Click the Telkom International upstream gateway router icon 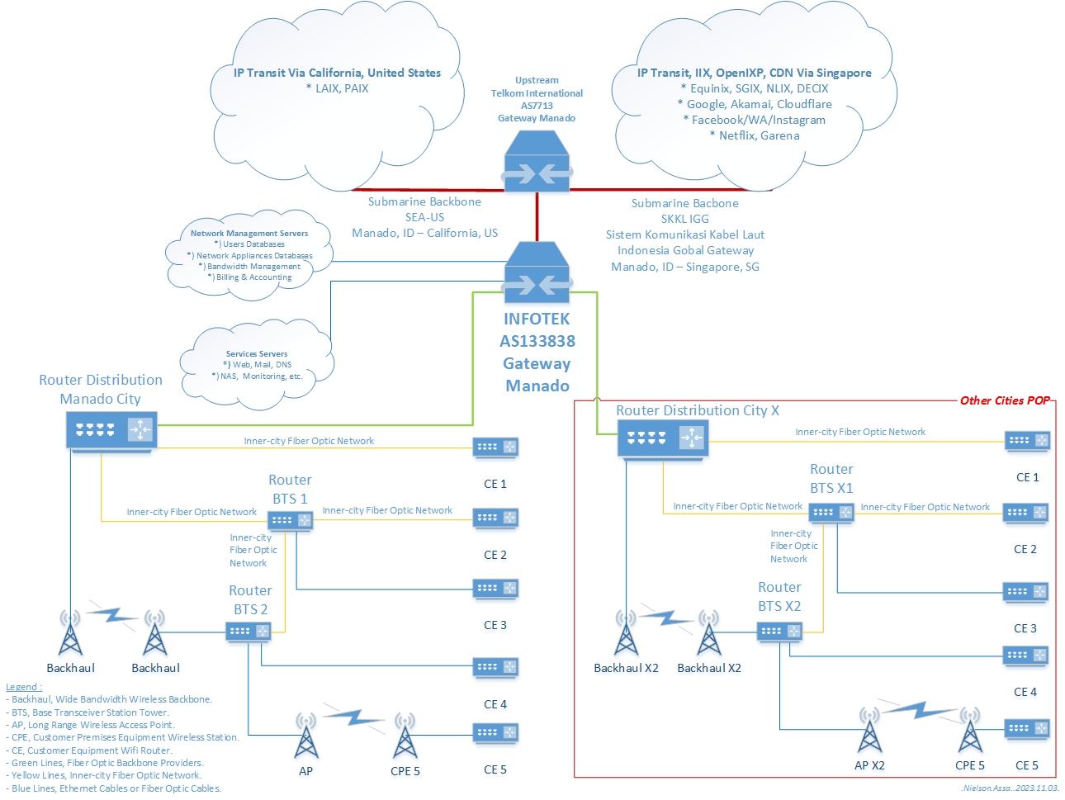click(537, 162)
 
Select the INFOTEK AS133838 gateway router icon click(537, 272)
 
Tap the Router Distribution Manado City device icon click(111, 430)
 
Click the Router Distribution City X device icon click(662, 438)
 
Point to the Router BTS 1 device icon click(291, 520)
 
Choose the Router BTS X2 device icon click(779, 632)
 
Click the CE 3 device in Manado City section click(495, 589)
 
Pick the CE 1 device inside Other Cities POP click(1027, 441)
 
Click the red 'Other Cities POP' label click(1005, 400)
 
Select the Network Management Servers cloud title click(249, 234)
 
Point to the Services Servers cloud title click(257, 354)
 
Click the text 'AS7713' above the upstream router click(537, 106)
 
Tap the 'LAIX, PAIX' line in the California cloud click(337, 88)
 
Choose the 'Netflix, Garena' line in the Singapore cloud click(755, 135)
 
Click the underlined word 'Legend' click(22, 687)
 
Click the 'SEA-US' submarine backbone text click(424, 217)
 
